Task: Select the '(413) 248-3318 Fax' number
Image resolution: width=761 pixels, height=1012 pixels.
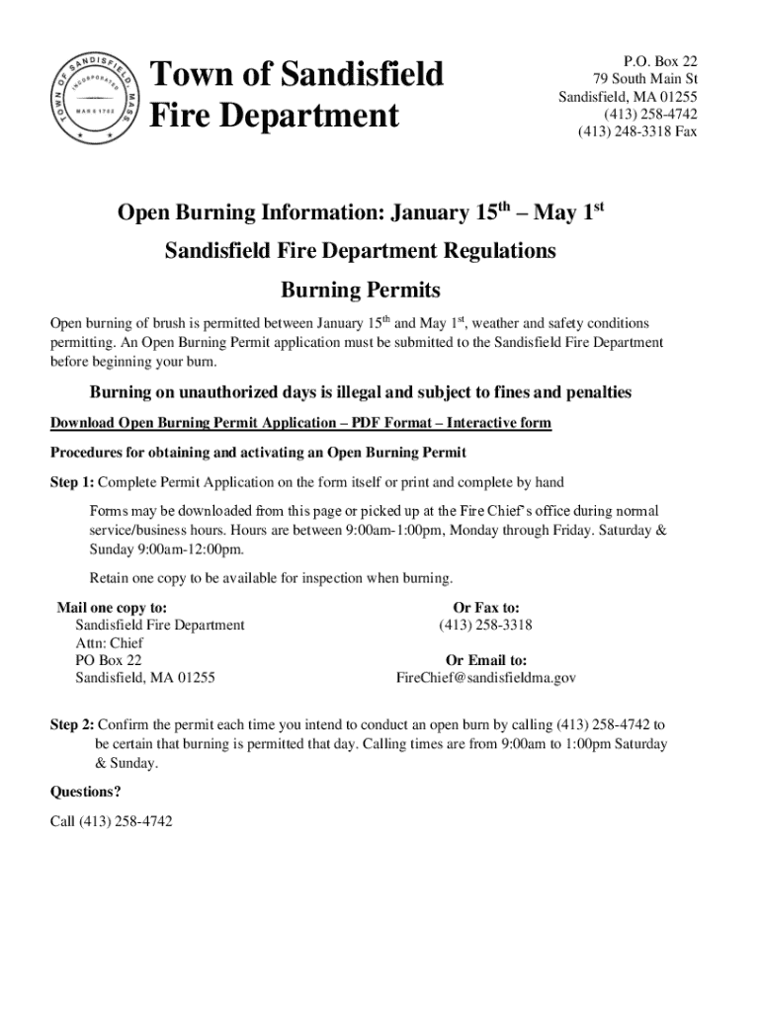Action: point(637,131)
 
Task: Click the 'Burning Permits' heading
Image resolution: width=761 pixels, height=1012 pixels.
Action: point(360,291)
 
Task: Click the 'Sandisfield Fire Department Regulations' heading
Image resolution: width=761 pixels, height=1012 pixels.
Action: point(360,251)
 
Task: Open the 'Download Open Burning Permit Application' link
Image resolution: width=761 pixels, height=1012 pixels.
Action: point(300,424)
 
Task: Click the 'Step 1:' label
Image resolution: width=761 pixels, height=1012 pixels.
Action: point(72,482)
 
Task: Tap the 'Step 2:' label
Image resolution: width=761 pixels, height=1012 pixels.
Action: point(72,724)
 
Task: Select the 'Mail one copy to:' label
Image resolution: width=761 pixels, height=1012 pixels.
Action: point(112,608)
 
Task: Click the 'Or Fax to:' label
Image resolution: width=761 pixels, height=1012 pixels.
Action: point(485,608)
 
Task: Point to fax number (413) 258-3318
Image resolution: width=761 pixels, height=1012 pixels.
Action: point(485,626)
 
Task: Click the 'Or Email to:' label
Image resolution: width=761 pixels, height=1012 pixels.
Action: point(485,660)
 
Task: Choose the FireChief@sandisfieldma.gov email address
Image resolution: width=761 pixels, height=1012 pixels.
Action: point(485,678)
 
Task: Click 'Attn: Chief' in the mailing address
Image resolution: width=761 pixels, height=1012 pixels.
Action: point(109,642)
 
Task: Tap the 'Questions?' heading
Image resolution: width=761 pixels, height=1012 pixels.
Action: point(86,792)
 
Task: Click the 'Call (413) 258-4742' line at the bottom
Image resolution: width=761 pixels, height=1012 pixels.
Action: point(111,820)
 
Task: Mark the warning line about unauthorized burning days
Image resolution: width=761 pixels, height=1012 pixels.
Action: point(360,392)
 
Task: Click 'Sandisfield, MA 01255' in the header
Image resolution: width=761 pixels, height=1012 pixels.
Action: point(628,96)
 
